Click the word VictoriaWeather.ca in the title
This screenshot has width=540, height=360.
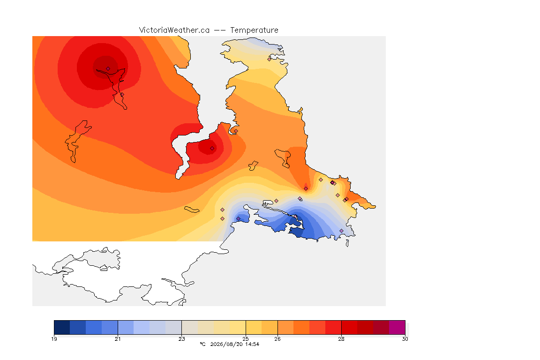[174, 30]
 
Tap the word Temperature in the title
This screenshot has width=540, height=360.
[254, 30]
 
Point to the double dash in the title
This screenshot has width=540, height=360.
[220, 30]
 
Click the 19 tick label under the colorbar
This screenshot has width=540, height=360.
[54, 339]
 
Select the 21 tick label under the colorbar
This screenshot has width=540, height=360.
[118, 339]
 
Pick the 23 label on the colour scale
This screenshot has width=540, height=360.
[181, 339]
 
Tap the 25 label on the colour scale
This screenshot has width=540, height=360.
[246, 339]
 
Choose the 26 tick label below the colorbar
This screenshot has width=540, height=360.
[277, 339]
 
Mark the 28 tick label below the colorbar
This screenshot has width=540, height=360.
[341, 339]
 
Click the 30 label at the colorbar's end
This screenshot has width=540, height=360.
[405, 339]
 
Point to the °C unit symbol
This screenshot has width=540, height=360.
[202, 344]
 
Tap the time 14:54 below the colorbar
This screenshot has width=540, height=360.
[252, 344]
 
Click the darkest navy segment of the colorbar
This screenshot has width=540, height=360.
[62, 327]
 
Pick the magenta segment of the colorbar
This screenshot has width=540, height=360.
[397, 327]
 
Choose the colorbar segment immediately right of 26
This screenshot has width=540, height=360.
[285, 327]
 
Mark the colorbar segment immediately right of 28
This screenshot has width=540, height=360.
[349, 327]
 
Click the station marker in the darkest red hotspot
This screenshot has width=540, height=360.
[108, 69]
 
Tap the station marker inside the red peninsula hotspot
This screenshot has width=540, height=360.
[212, 149]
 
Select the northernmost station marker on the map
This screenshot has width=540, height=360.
[270, 59]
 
